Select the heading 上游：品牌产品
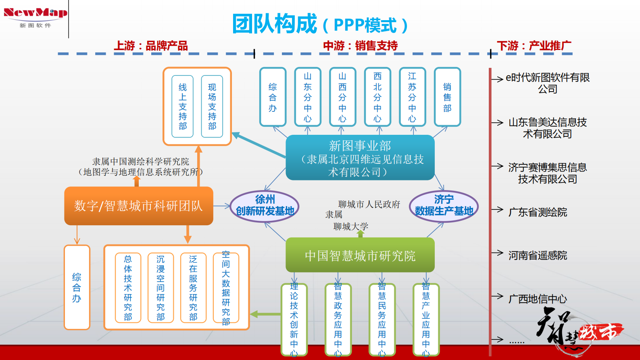pyautogui.click(x=151, y=46)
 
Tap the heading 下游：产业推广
pyautogui.click(x=534, y=46)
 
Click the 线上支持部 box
pyautogui.click(x=183, y=107)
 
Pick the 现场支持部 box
pyautogui.click(x=212, y=107)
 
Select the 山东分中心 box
pyautogui.click(x=308, y=97)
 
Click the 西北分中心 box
pyautogui.click(x=377, y=97)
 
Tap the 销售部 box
pyautogui.click(x=447, y=97)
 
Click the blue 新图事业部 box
pyautogui.click(x=360, y=158)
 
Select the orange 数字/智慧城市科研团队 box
pyautogui.click(x=139, y=206)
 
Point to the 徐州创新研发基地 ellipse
pyautogui.click(x=265, y=205)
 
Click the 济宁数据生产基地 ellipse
pyautogui.click(x=444, y=205)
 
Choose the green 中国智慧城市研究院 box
pyautogui.click(x=360, y=255)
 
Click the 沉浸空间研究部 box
pyautogui.click(x=161, y=288)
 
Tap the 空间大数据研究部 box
pyautogui.click(x=226, y=288)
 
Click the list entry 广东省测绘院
pyautogui.click(x=538, y=212)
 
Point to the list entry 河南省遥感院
pyautogui.click(x=538, y=255)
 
